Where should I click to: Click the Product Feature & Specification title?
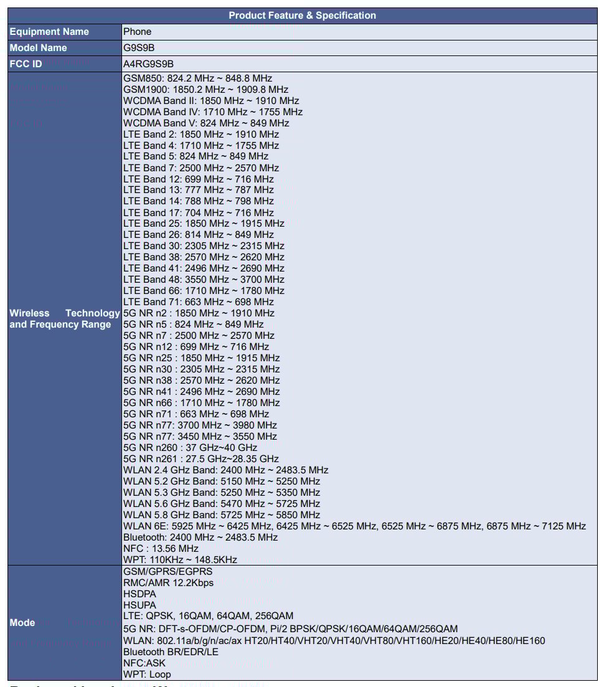302,16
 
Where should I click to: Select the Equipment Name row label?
49,32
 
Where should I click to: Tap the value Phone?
137,32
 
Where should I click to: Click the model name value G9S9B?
138,48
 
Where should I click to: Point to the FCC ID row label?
26,64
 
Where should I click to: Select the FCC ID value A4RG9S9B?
148,64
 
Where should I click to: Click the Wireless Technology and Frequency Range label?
64,319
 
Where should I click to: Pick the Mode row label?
22,623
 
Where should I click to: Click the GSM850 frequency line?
197,78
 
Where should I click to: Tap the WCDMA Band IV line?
212,112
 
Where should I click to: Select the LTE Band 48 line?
204,280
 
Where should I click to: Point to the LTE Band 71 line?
198,302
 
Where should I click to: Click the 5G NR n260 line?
190,448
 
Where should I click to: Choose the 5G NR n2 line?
199,313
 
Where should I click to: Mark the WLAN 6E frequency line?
354,526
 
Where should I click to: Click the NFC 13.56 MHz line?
161,549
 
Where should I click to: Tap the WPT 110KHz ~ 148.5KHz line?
180,560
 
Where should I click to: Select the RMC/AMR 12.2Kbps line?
168,583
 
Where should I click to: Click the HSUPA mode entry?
139,605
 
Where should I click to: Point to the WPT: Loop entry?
147,675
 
